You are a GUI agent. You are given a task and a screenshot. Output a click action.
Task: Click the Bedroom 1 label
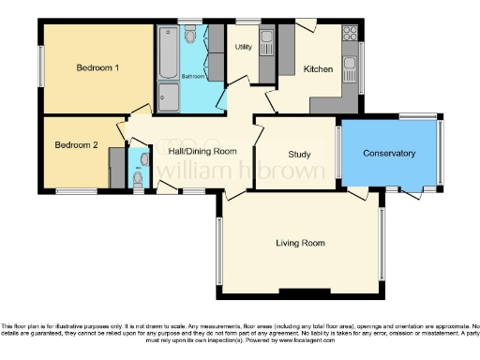(x=97, y=68)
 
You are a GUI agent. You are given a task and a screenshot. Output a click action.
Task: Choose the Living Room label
(x=300, y=244)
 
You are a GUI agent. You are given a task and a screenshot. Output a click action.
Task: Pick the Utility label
(x=244, y=47)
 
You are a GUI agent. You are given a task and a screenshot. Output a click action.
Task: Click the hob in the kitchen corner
(x=350, y=36)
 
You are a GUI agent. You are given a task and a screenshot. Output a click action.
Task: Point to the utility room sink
(x=265, y=39)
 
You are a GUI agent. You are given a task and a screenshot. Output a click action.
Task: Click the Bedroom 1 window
(x=40, y=67)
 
